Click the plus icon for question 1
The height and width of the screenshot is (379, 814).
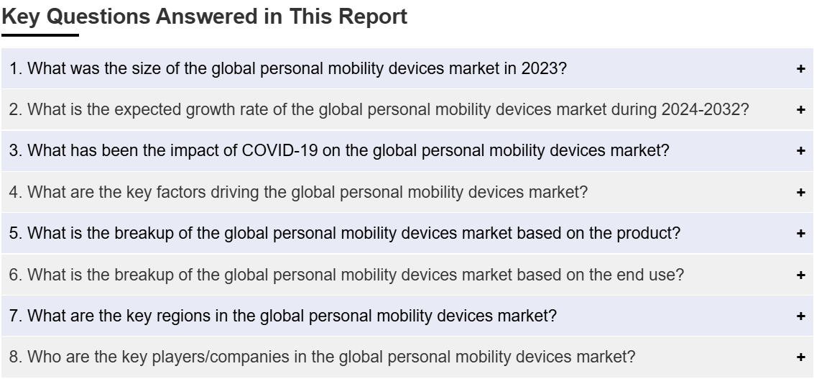coord(800,68)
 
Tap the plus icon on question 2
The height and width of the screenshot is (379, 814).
coord(800,110)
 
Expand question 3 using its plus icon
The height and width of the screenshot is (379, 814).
coord(800,151)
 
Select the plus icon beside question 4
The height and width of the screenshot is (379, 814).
coord(800,192)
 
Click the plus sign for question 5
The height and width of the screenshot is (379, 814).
coord(800,234)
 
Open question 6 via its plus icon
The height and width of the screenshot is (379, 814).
coord(800,275)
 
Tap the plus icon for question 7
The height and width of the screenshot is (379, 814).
coord(800,316)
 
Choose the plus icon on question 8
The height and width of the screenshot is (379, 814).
coord(800,357)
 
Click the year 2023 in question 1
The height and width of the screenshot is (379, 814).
coord(540,68)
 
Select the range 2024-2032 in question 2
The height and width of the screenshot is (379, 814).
coord(700,110)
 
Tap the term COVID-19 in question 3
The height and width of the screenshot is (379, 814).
coord(279,151)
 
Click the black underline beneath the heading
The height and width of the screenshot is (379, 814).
coord(40,35)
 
